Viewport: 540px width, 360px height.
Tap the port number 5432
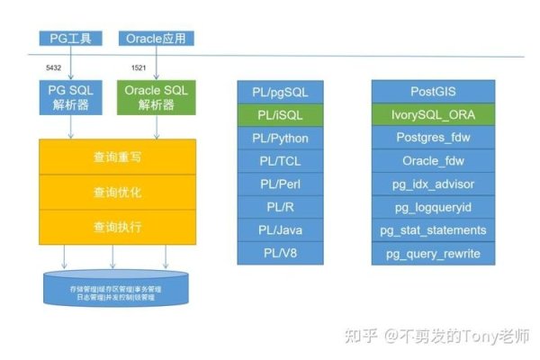[x=54, y=68]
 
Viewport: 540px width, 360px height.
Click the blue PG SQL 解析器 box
[x=68, y=99]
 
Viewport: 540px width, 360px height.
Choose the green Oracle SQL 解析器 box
[x=157, y=99]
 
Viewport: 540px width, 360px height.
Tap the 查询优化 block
[x=117, y=193]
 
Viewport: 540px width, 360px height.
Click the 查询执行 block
[x=117, y=227]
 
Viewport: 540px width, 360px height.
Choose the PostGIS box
[x=435, y=92]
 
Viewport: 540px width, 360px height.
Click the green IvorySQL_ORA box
[x=435, y=114]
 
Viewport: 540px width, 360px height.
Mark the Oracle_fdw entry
[x=435, y=161]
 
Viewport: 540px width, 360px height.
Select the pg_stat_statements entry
[x=435, y=230]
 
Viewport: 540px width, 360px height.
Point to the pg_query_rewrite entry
[x=435, y=254]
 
